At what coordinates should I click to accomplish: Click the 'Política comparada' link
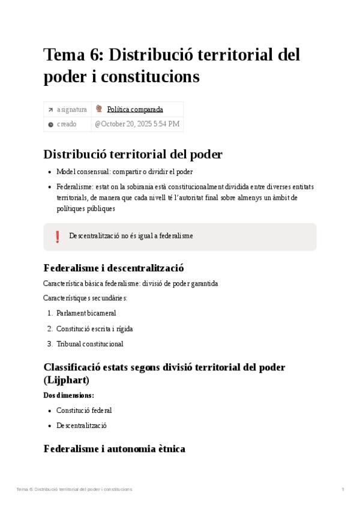point(135,109)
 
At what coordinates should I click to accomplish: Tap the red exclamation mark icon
point(58,236)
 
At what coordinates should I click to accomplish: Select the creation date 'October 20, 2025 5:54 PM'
point(137,124)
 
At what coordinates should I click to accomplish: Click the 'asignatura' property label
point(71,109)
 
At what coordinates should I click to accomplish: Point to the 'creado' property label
point(67,124)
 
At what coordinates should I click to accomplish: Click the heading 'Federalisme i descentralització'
point(113,268)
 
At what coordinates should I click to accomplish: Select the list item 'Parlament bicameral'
point(86,313)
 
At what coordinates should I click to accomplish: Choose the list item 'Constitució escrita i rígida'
point(94,328)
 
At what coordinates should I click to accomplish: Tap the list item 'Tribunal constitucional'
point(89,344)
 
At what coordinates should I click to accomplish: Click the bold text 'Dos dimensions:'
point(68,395)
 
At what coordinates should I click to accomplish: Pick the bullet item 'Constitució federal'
point(84,411)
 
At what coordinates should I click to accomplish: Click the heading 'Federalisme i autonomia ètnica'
point(114,448)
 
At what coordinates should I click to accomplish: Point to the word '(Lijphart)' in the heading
point(67,379)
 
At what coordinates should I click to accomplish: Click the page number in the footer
point(343,489)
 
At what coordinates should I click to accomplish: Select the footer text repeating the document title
point(74,489)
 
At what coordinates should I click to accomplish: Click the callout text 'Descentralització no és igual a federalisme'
point(131,236)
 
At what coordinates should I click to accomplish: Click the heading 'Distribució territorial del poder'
point(133,154)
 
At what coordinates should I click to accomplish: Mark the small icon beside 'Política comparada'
point(99,109)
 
